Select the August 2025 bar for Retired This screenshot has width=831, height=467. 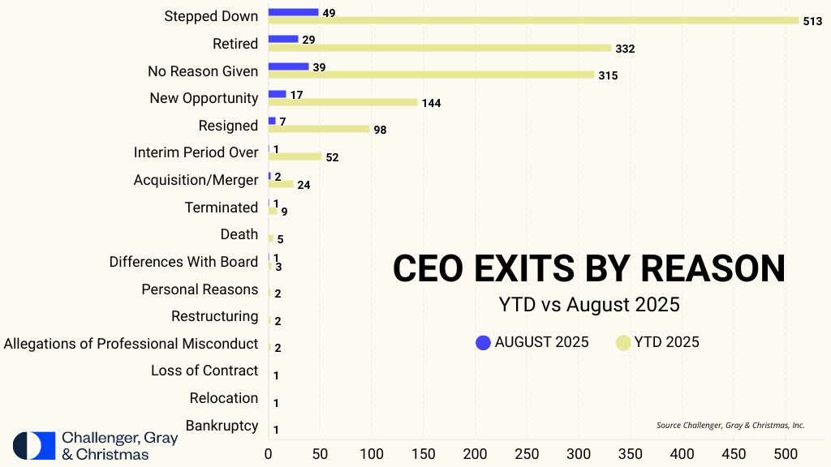[x=283, y=39]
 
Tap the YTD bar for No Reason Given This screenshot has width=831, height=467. [x=431, y=75]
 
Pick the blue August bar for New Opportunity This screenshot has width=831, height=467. [x=277, y=94]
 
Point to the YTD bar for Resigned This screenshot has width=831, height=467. [x=319, y=129]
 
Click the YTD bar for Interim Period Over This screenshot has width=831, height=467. [x=295, y=156]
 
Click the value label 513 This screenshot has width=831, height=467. [x=813, y=22]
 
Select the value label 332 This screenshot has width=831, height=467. [x=625, y=49]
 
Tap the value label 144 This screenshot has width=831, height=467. [x=431, y=103]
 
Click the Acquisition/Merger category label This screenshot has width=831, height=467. [x=196, y=180]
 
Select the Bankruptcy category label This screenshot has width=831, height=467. [x=222, y=426]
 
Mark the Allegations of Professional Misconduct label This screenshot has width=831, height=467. [x=131, y=344]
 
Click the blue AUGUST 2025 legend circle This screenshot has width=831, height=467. [x=484, y=342]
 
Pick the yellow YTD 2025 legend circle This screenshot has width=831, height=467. [x=623, y=342]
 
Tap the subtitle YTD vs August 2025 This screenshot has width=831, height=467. [x=588, y=306]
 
